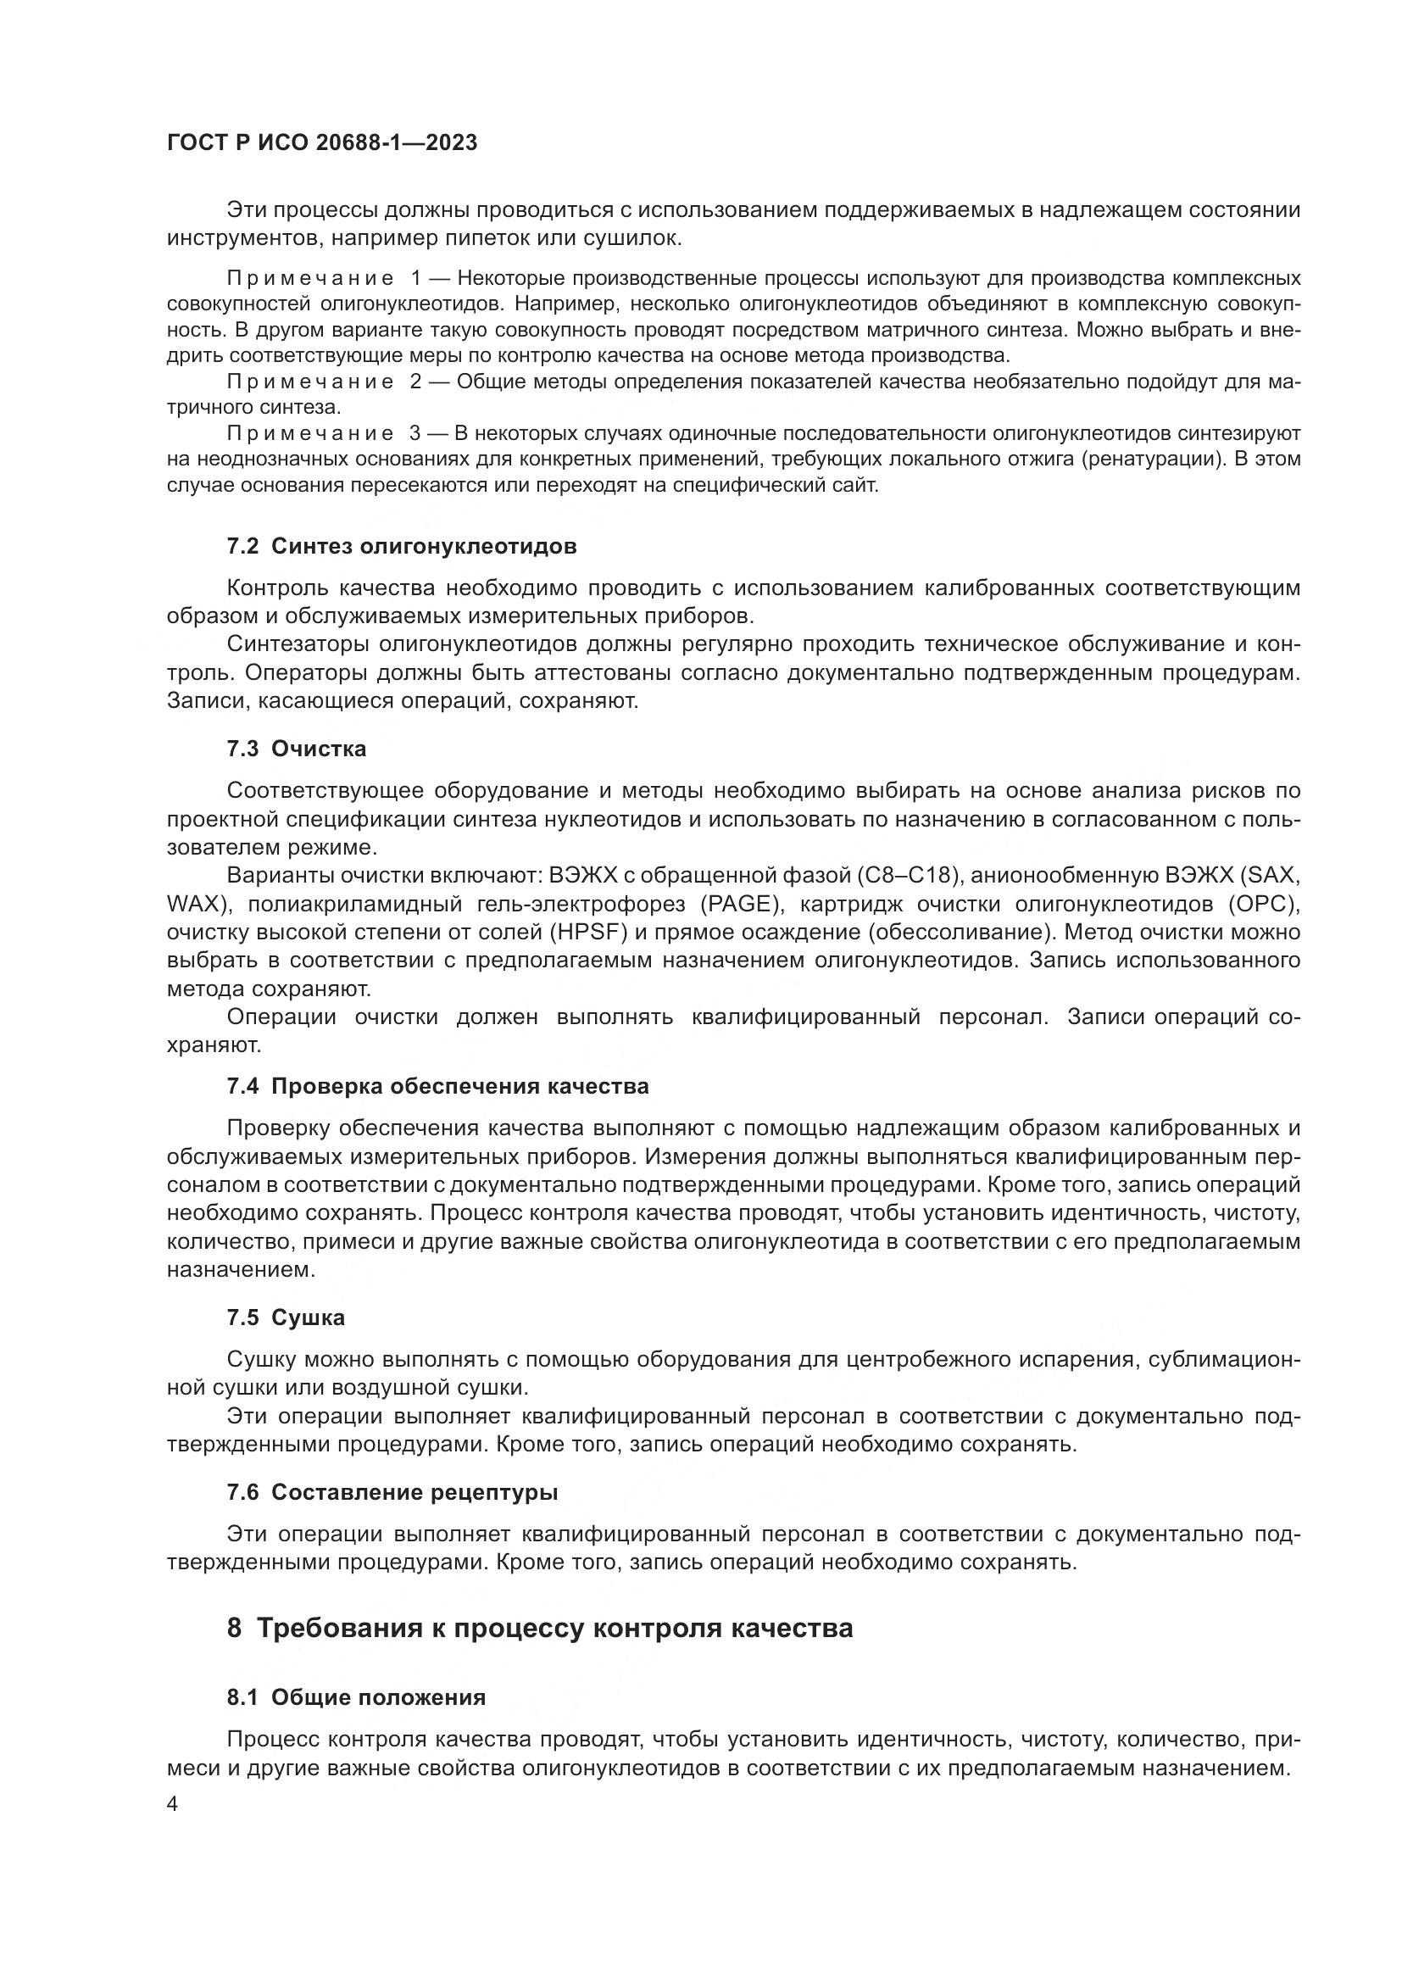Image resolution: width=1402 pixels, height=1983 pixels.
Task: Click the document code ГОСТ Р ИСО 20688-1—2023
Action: (x=322, y=143)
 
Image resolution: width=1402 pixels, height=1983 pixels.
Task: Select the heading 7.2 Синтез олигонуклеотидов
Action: (x=402, y=547)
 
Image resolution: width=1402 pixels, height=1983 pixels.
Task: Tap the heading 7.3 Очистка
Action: (x=296, y=749)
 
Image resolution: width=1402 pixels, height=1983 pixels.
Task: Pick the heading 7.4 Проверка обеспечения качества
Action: (x=437, y=1087)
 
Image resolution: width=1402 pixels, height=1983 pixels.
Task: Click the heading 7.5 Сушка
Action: (x=286, y=1318)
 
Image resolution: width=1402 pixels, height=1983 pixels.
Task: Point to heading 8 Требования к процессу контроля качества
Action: (x=540, y=1628)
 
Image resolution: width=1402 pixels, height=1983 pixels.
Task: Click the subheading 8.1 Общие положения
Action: (x=356, y=1697)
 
